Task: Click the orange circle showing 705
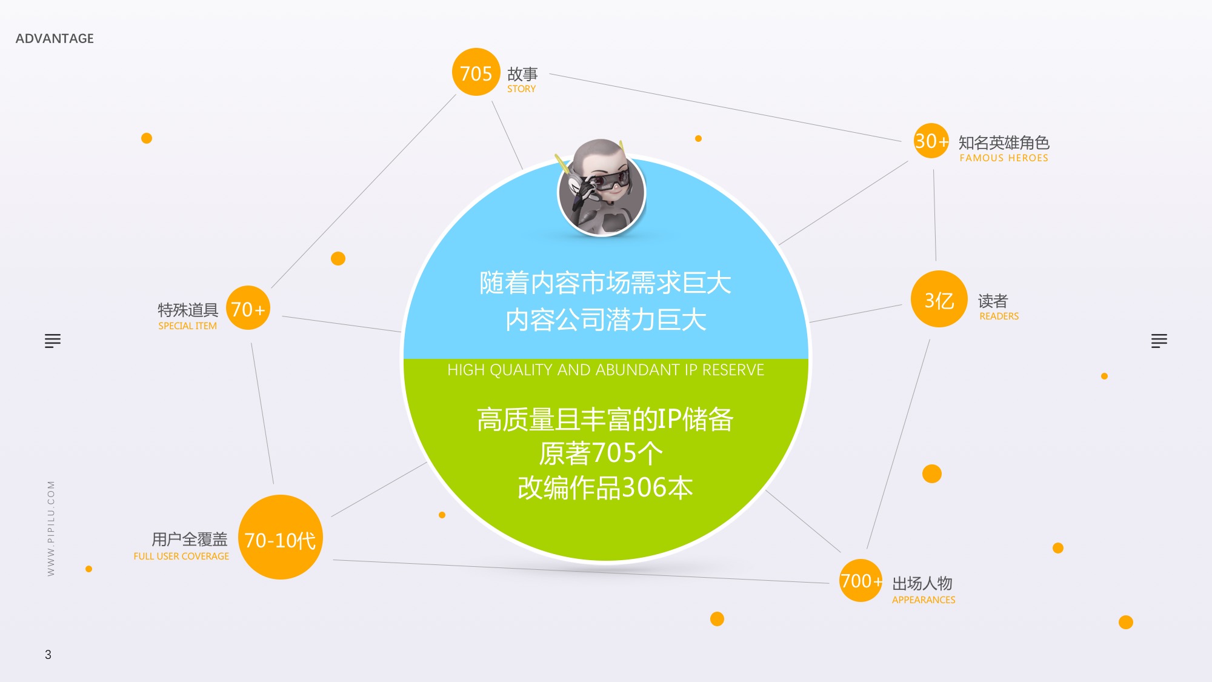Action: (x=476, y=72)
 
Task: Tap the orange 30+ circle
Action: (x=931, y=141)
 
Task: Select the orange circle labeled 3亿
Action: (x=939, y=299)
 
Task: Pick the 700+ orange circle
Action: (x=861, y=581)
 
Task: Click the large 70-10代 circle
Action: (x=280, y=538)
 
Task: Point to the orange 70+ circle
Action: (x=248, y=309)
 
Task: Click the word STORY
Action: (x=521, y=89)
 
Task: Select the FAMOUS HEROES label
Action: (x=1004, y=158)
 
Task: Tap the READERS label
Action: (x=999, y=316)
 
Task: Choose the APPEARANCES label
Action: (x=924, y=600)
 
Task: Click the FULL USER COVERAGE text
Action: (x=181, y=557)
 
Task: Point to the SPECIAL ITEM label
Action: (x=187, y=326)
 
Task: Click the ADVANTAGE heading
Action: (x=55, y=39)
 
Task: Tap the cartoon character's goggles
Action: (x=606, y=180)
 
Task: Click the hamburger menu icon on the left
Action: (x=53, y=341)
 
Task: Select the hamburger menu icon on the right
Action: (x=1159, y=341)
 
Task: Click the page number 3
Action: (x=48, y=655)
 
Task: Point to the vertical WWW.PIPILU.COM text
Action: (x=51, y=529)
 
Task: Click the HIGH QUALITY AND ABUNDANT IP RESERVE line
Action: (x=606, y=370)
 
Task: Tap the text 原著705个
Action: (x=601, y=453)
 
